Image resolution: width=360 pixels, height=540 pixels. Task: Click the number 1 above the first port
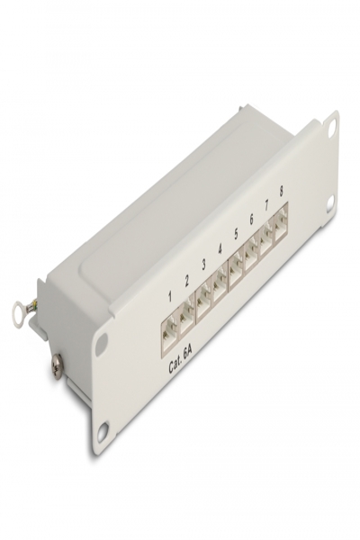[169, 297]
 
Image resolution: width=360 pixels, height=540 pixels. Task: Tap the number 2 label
[186, 282]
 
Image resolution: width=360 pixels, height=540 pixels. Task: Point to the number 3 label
[204, 265]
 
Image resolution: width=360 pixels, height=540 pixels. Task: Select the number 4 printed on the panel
[220, 249]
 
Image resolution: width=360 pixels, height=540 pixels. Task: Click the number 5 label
[236, 234]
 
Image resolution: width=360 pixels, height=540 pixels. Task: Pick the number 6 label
[251, 220]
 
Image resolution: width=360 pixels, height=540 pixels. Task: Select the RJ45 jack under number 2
[186, 316]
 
